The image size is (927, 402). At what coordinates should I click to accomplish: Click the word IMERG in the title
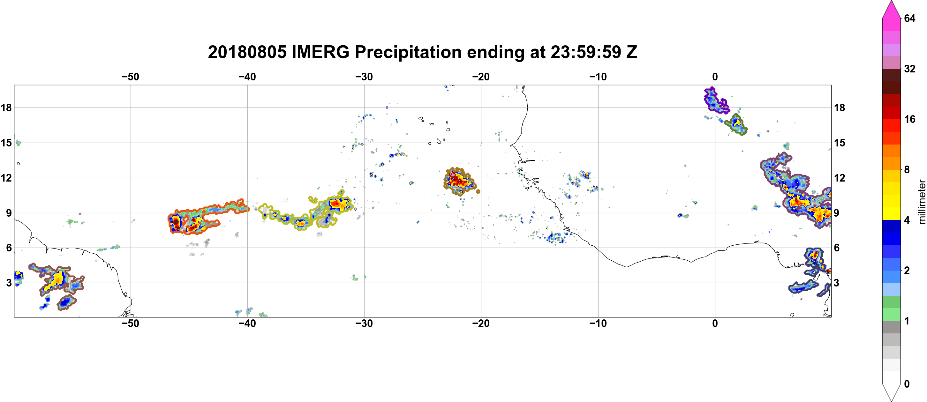pos(320,52)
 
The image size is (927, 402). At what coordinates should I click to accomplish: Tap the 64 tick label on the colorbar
pos(909,18)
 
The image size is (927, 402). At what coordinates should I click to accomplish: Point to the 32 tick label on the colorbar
pos(909,69)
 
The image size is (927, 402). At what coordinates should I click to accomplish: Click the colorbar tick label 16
pos(909,119)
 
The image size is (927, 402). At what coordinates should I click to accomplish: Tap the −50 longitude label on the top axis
pos(130,77)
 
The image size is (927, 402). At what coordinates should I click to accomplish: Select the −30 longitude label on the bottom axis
pos(364,324)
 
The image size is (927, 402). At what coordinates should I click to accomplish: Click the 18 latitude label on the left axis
pos(6,108)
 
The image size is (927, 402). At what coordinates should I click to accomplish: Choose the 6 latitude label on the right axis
pos(837,248)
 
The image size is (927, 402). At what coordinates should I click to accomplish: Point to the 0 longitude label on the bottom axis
pos(715,324)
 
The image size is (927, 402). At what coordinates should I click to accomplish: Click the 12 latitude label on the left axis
pos(6,178)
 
